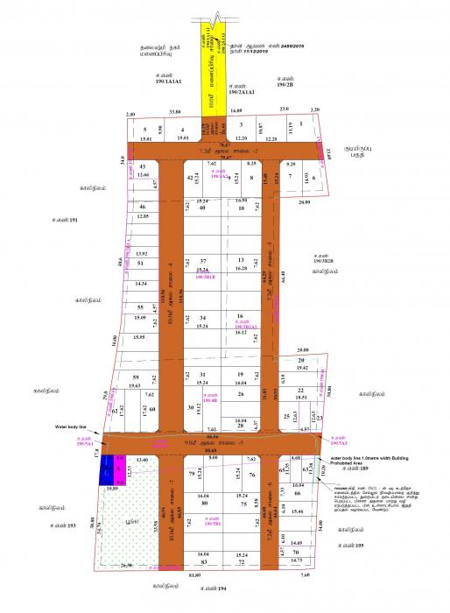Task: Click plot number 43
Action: (143, 166)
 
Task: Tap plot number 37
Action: (202, 261)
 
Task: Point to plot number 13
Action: (241, 261)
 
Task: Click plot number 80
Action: (203, 504)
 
